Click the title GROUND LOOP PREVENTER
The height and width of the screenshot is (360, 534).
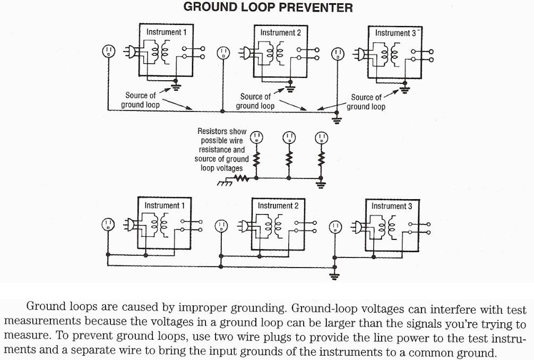click(x=268, y=7)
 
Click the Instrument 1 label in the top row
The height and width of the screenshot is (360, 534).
click(x=166, y=32)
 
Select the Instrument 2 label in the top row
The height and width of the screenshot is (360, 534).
click(x=280, y=32)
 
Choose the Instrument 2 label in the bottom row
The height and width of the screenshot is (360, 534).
click(x=278, y=205)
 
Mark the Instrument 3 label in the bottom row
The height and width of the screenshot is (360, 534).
click(x=392, y=206)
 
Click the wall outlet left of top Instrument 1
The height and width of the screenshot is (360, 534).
click(x=108, y=52)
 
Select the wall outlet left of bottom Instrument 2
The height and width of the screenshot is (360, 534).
click(x=221, y=226)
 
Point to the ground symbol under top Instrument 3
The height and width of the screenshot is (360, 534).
click(x=406, y=89)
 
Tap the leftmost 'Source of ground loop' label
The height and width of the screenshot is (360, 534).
click(x=140, y=100)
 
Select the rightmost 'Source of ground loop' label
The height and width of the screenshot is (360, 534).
click(x=366, y=102)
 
